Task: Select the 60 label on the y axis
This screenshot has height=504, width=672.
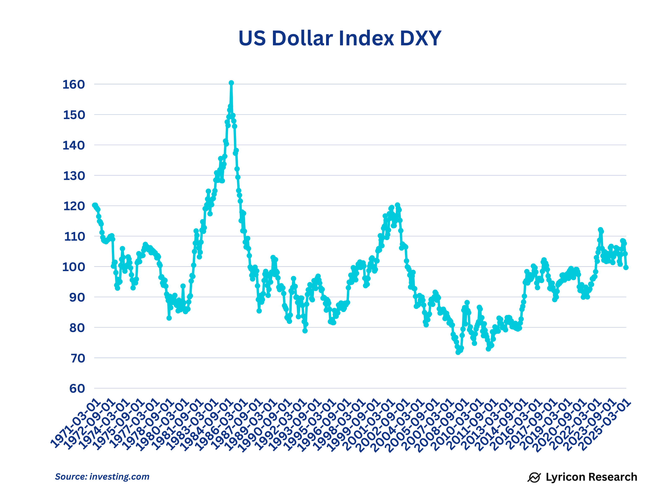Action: click(x=77, y=388)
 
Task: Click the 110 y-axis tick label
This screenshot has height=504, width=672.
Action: click(x=74, y=237)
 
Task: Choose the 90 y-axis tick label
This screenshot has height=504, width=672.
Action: click(x=77, y=297)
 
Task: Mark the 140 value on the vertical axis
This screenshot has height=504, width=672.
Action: click(x=73, y=146)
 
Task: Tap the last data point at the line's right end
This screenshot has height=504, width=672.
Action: click(x=626, y=267)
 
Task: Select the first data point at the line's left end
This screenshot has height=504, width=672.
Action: click(x=94, y=205)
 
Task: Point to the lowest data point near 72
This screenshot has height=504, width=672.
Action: click(x=458, y=352)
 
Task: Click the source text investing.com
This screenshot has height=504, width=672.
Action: click(x=119, y=477)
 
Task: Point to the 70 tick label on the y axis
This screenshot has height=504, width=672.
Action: click(x=77, y=358)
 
